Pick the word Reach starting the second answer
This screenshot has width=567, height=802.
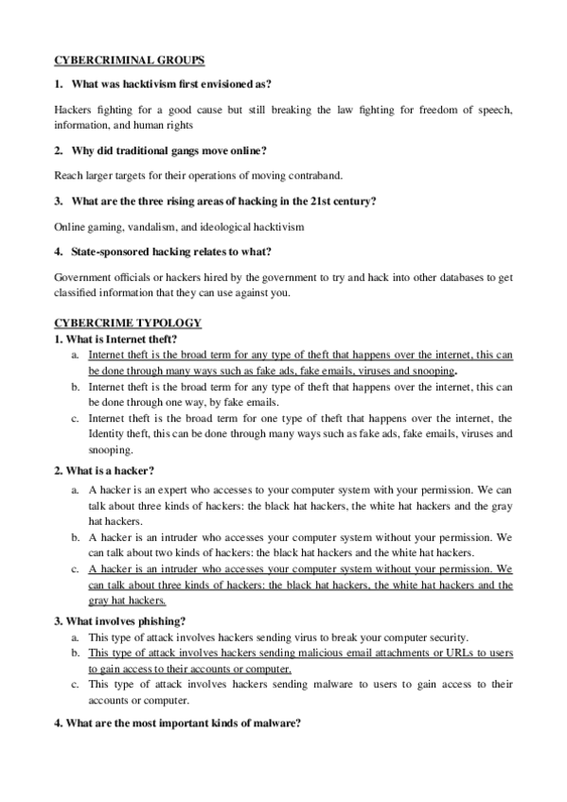point(69,175)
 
